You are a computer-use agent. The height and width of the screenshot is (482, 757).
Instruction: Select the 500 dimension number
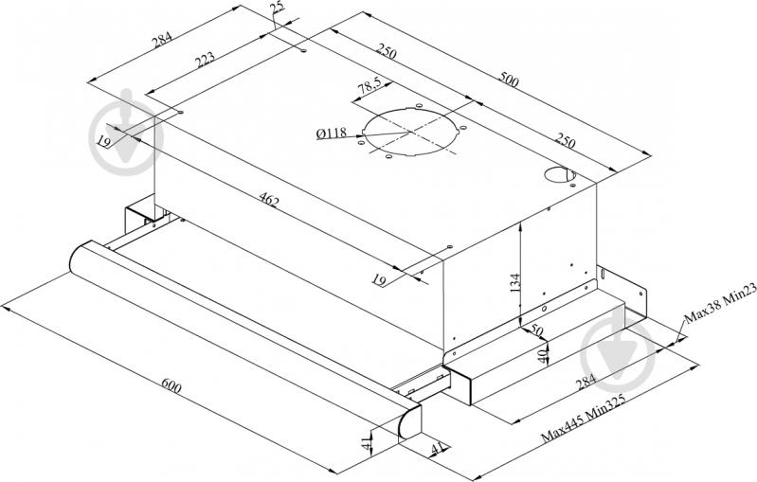click(508, 81)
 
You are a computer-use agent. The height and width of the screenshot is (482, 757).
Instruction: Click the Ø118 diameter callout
click(331, 134)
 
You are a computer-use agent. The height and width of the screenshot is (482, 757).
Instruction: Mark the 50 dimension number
click(538, 331)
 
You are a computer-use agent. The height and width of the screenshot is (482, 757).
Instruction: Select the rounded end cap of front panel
click(411, 420)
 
